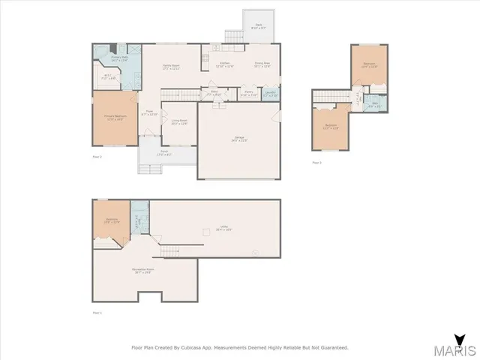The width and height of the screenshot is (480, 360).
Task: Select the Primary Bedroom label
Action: (x=115, y=118)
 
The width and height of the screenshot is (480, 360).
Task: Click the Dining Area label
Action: (x=262, y=64)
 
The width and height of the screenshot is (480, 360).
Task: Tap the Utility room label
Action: (x=218, y=229)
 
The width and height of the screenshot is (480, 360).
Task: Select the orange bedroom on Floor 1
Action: (x=112, y=221)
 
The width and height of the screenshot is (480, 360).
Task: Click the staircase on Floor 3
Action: (x=327, y=96)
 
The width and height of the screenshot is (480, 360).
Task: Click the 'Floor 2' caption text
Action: (x=97, y=157)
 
